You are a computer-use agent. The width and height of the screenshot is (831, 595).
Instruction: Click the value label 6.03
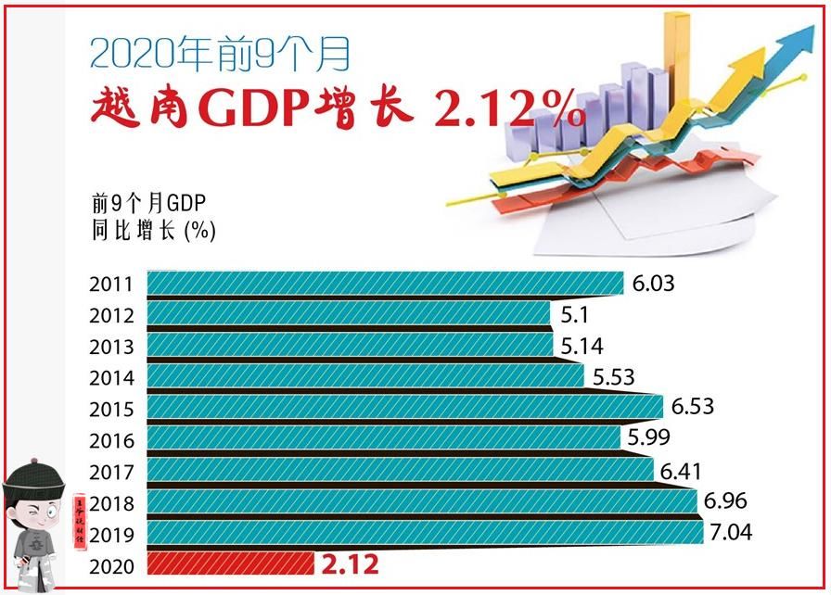[654, 283]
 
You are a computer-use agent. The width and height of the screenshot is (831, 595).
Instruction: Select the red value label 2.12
[351, 563]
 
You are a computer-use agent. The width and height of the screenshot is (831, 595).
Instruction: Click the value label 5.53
[613, 377]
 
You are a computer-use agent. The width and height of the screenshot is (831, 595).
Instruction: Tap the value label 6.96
[726, 501]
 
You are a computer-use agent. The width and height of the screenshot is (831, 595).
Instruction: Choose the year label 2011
[112, 285]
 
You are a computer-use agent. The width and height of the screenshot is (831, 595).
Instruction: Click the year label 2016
[112, 441]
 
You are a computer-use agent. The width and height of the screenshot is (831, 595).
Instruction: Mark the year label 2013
[112, 348]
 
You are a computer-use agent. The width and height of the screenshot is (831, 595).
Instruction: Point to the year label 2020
[112, 565]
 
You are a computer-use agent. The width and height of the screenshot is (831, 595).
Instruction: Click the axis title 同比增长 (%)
[153, 230]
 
